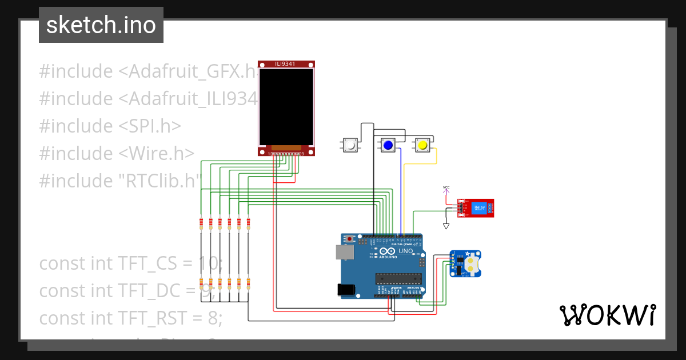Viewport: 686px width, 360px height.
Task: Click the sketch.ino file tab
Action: coord(101,25)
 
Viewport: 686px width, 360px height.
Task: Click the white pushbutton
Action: coord(350,145)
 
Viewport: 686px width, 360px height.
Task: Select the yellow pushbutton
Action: coord(422,145)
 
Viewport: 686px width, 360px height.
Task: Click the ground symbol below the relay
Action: coord(446,226)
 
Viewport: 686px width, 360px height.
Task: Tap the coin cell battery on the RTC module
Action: coord(472,263)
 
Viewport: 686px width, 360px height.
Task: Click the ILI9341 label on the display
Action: coord(286,64)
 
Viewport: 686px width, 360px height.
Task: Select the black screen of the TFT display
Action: coord(286,106)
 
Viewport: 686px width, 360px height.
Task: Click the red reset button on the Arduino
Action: coord(350,239)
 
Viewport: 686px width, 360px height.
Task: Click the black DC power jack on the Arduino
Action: coord(346,290)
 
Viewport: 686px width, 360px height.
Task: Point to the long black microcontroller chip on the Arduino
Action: coord(398,278)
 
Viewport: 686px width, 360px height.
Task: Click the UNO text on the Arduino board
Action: coord(405,251)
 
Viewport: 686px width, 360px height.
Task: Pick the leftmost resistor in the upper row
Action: coord(201,223)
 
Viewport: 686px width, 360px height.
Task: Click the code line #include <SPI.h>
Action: coord(110,126)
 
